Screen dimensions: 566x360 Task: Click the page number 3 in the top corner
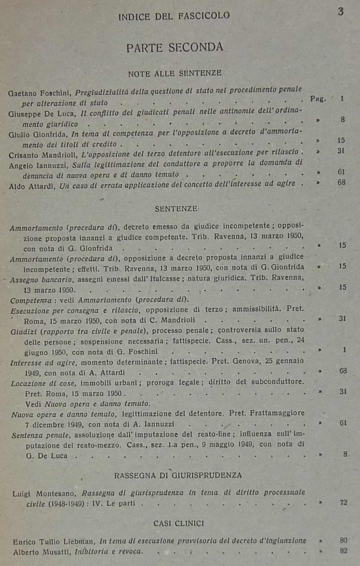pyautogui.click(x=341, y=12)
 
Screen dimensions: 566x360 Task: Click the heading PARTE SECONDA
pyautogui.click(x=175, y=48)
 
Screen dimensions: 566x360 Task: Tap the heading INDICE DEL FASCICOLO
pyautogui.click(x=174, y=16)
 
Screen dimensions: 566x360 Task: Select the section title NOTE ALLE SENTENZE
pyautogui.click(x=175, y=73)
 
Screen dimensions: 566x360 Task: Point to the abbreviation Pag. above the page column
pyautogui.click(x=318, y=99)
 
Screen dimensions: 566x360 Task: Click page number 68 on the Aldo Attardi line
pyautogui.click(x=341, y=182)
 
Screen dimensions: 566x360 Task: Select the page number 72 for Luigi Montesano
pyautogui.click(x=343, y=502)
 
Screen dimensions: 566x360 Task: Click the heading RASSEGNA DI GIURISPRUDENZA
pyautogui.click(x=178, y=475)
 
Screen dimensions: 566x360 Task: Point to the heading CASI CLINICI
pyautogui.click(x=179, y=523)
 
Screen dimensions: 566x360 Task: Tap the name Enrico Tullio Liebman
pyautogui.click(x=54, y=542)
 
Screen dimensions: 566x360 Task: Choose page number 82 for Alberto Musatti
pyautogui.click(x=343, y=551)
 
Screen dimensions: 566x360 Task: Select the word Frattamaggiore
pyautogui.click(x=277, y=413)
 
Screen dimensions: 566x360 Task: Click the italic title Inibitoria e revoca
pyautogui.click(x=108, y=551)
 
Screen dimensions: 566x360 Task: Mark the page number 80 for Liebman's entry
pyautogui.click(x=343, y=540)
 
